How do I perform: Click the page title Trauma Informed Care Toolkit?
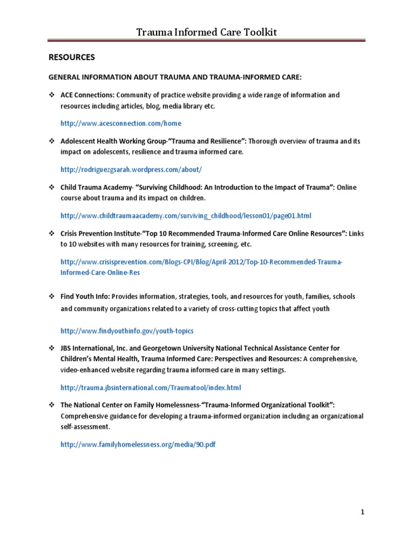click(206, 33)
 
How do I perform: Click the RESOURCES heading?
click(72, 56)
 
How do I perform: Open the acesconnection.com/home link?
click(121, 123)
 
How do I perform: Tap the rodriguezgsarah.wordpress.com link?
click(131, 169)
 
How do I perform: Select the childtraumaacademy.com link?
click(186, 216)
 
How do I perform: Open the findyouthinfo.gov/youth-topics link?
click(127, 330)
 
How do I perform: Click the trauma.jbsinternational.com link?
click(151, 387)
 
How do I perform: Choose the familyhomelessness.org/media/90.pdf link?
click(138, 444)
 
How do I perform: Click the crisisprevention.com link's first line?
click(201, 262)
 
